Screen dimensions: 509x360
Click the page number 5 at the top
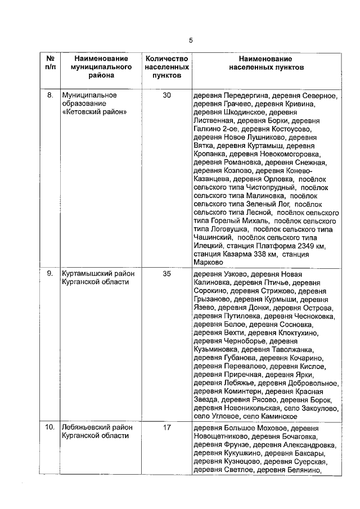pyautogui.click(x=191, y=40)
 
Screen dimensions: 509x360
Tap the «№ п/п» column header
pyautogui.click(x=50, y=62)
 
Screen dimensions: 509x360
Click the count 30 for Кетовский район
pyautogui.click(x=167, y=96)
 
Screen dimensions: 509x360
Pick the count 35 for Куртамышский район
pyautogui.click(x=167, y=274)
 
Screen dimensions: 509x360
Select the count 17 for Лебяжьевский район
pyautogui.click(x=167, y=428)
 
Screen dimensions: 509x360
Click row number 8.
pyautogui.click(x=50, y=96)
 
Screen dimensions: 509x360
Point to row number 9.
pyautogui.click(x=50, y=274)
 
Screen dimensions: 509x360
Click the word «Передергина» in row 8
pyautogui.click(x=245, y=96)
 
